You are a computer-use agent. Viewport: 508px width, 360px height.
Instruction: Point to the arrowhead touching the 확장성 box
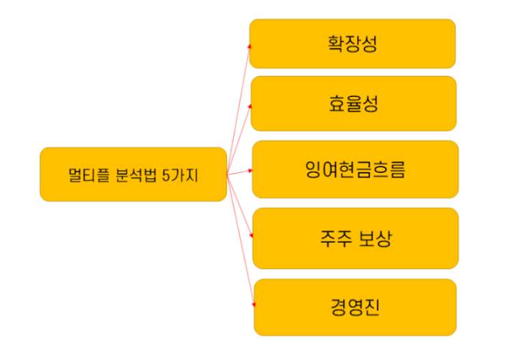tap(249, 46)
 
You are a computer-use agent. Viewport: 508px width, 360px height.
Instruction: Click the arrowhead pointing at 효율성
tap(250, 106)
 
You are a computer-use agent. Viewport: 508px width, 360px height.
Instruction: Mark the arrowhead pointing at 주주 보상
tap(252, 236)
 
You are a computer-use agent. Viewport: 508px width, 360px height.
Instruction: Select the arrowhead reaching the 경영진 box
tap(254, 305)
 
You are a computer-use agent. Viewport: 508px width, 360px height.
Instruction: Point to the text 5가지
tap(180, 175)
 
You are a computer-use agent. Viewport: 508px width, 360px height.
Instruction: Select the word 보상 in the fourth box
tap(375, 239)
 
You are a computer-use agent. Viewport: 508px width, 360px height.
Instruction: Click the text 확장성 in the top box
tap(352, 44)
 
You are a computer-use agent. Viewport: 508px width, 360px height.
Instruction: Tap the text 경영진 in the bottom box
tap(354, 307)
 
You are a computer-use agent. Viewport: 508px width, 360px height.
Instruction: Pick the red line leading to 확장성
tap(238, 109)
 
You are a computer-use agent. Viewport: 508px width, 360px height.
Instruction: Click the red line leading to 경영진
tap(240, 239)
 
